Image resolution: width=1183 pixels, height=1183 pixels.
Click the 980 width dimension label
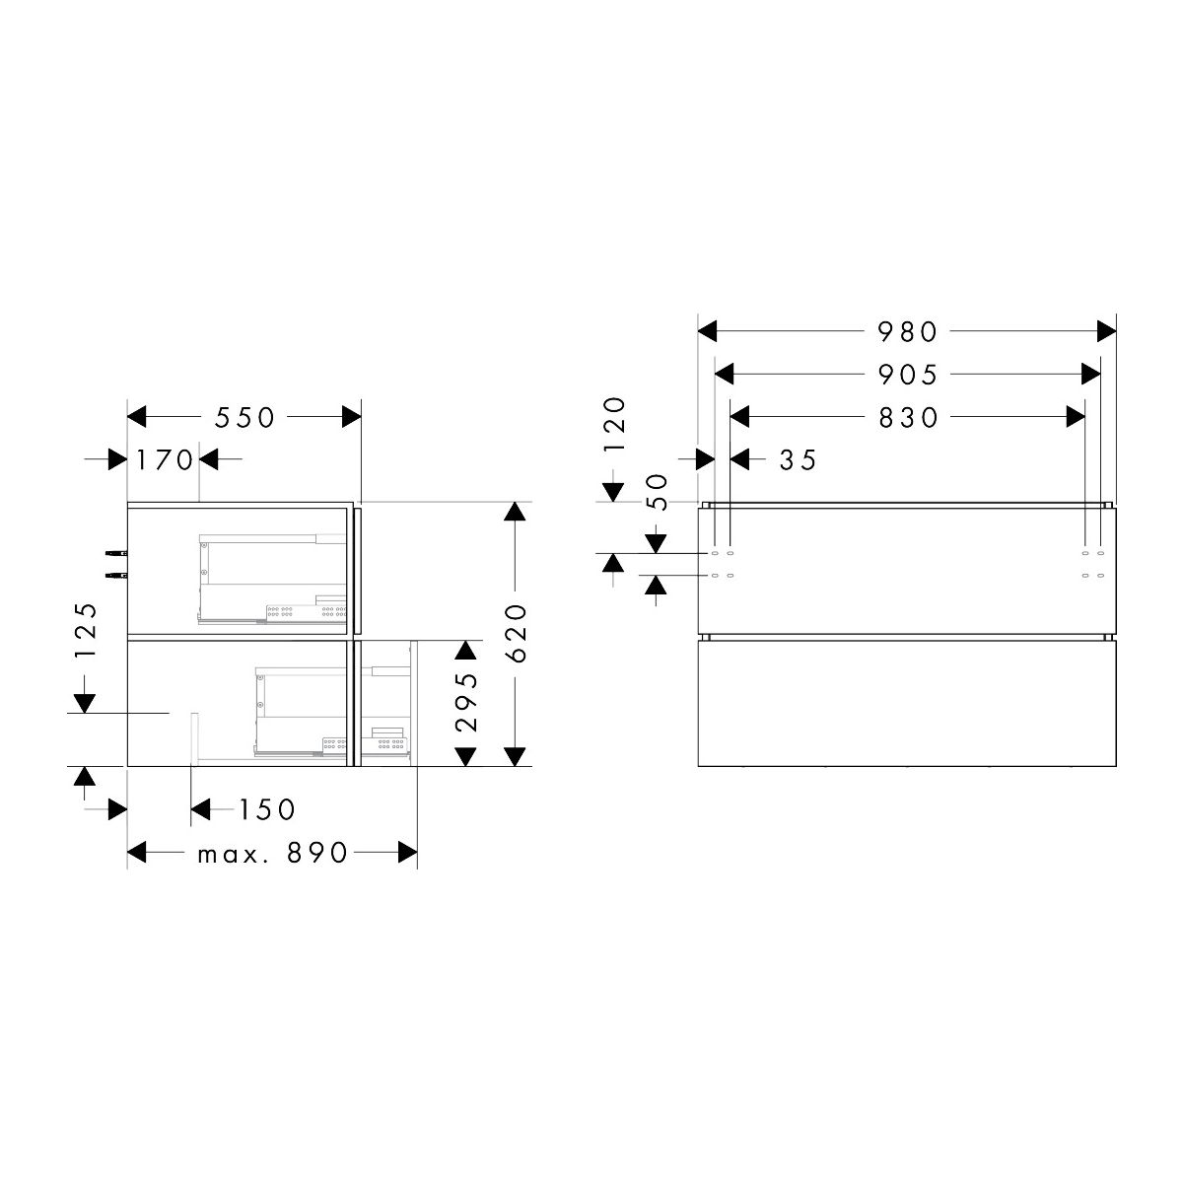click(x=907, y=332)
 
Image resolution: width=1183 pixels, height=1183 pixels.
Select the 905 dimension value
click(x=907, y=375)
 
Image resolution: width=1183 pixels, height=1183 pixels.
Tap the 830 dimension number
click(x=908, y=418)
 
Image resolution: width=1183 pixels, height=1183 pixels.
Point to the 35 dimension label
click(x=798, y=459)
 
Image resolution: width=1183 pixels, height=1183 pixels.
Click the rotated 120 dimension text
click(x=614, y=424)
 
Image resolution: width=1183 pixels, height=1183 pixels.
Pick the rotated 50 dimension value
click(x=657, y=492)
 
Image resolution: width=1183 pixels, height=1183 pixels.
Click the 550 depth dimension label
click(x=244, y=418)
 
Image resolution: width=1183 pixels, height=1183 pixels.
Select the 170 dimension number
click(x=164, y=459)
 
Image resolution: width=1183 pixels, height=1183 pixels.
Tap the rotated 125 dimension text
click(x=86, y=631)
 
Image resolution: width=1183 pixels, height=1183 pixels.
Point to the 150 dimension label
click(x=267, y=809)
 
